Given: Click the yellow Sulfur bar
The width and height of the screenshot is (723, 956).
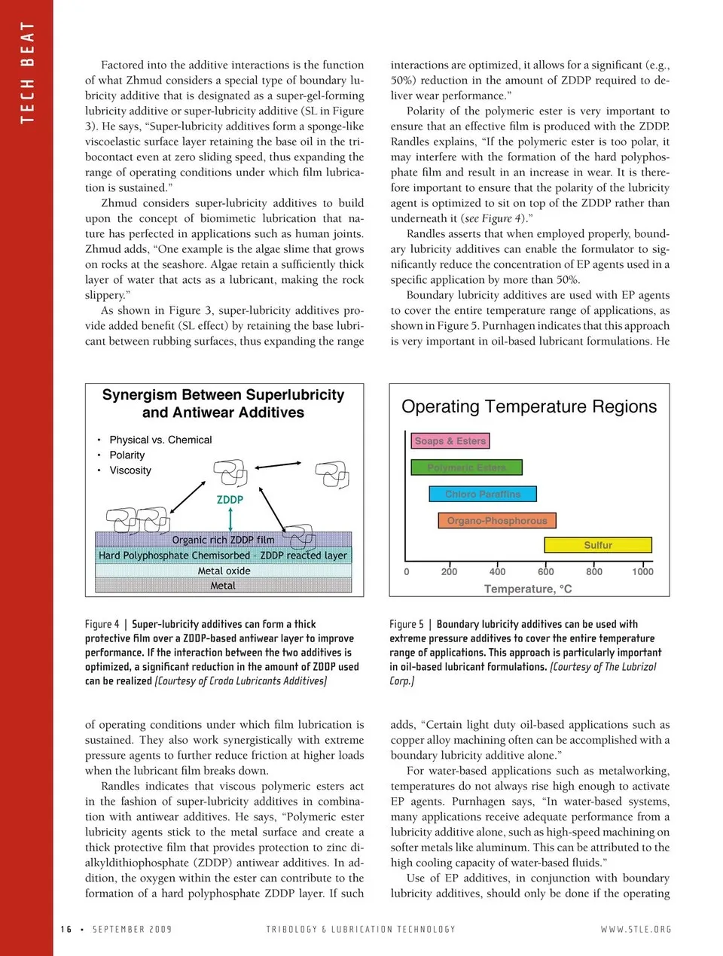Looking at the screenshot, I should coord(598,545).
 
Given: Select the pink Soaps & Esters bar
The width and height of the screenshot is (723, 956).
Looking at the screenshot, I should coord(450,441).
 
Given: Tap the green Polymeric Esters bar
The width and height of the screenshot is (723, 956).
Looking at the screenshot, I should coord(466,467).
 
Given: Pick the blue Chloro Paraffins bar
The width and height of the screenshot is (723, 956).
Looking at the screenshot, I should coord(483,494).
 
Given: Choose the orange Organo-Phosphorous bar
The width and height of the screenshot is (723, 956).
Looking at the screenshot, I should coord(496,520).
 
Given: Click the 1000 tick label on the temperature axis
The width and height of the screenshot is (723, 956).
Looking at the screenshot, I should coord(642,571).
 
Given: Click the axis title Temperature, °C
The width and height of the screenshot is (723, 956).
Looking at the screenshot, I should coord(528,589).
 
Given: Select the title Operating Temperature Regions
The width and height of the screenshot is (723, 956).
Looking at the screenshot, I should coord(529,406).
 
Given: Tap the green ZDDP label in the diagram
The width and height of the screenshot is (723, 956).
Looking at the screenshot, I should coord(230,499).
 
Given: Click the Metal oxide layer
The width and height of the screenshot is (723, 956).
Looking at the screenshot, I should coord(224,571).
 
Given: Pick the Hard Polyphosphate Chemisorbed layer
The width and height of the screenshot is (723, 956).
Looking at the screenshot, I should coord(223,556).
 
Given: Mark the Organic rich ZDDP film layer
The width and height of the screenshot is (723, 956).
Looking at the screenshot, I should coord(223,540).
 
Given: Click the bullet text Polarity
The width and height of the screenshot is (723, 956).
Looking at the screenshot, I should coord(127,455).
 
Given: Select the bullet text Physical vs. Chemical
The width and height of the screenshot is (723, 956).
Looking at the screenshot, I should coord(160,440).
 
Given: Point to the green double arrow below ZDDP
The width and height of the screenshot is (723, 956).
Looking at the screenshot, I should coord(230,519).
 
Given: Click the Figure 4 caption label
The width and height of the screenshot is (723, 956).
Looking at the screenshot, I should coord(102,624).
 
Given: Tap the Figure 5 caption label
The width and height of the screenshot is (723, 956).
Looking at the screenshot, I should coord(407,624).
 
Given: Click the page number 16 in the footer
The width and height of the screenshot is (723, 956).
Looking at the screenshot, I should coord(66,929).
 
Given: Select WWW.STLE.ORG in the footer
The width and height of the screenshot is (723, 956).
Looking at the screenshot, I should coord(636,929).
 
